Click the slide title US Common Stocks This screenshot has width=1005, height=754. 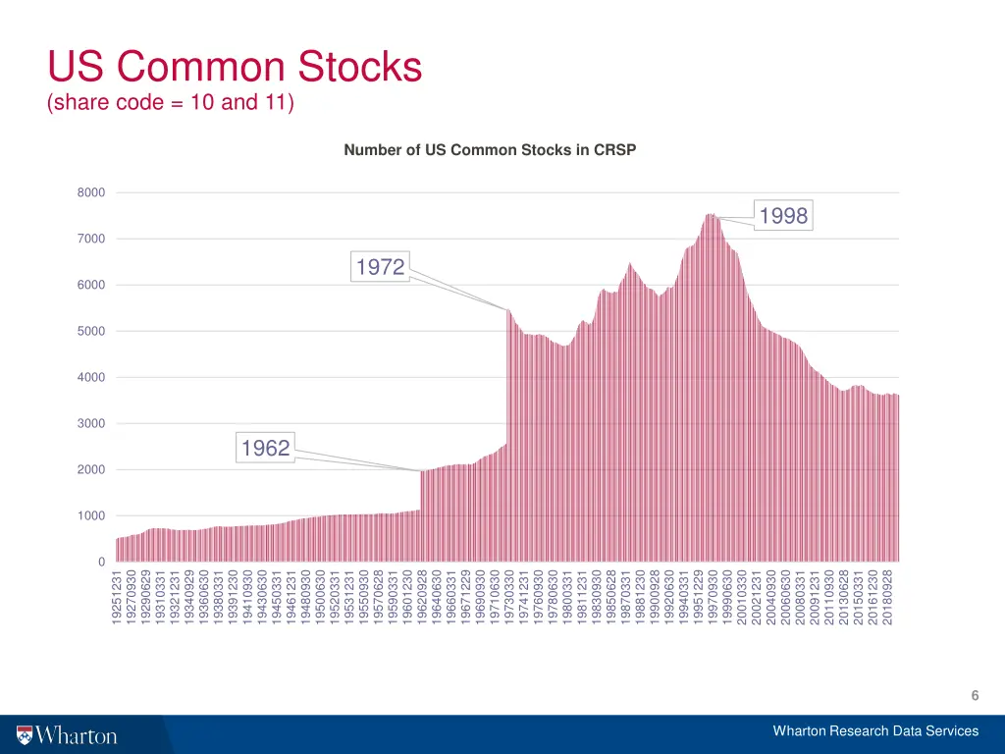tap(235, 68)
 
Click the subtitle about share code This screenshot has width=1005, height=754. tap(171, 102)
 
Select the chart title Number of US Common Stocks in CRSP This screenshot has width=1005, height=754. tap(491, 150)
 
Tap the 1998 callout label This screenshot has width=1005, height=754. tap(783, 216)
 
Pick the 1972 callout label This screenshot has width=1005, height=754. tap(380, 267)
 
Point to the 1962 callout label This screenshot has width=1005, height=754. tap(266, 449)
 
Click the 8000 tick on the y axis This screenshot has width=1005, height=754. tap(91, 192)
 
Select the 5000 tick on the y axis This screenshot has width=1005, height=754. tap(91, 331)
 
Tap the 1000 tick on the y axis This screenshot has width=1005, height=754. tap(91, 515)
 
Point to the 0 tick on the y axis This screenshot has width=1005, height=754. tap(100, 562)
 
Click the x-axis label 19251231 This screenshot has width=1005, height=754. tap(118, 598)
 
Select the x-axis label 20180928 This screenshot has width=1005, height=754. tap(888, 598)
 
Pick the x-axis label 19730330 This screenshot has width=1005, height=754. tap(509, 598)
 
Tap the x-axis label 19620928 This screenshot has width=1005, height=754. tap(422, 598)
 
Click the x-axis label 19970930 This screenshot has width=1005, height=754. tap(714, 598)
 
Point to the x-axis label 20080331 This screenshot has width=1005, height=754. tap(800, 598)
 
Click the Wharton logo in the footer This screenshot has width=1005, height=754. tap(67, 735)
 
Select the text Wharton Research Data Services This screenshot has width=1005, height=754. tap(875, 730)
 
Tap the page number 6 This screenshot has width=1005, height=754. tap(975, 696)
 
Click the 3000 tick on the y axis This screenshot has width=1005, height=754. tap(91, 423)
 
